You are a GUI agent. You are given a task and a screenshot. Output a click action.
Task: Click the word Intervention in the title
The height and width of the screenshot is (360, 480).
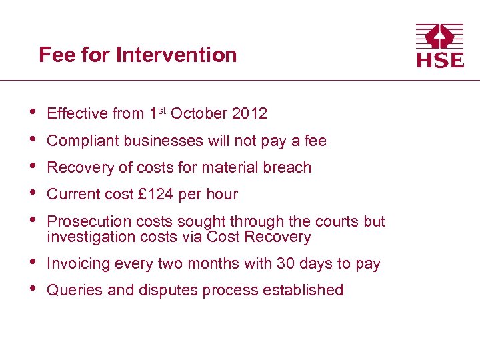[x=176, y=55]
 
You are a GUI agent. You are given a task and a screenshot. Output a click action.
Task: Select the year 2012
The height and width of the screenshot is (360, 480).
[x=249, y=114]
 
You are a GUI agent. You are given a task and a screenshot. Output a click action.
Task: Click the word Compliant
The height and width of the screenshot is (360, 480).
[x=77, y=141]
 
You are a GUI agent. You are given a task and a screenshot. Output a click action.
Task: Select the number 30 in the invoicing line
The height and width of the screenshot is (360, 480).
[x=286, y=264]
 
